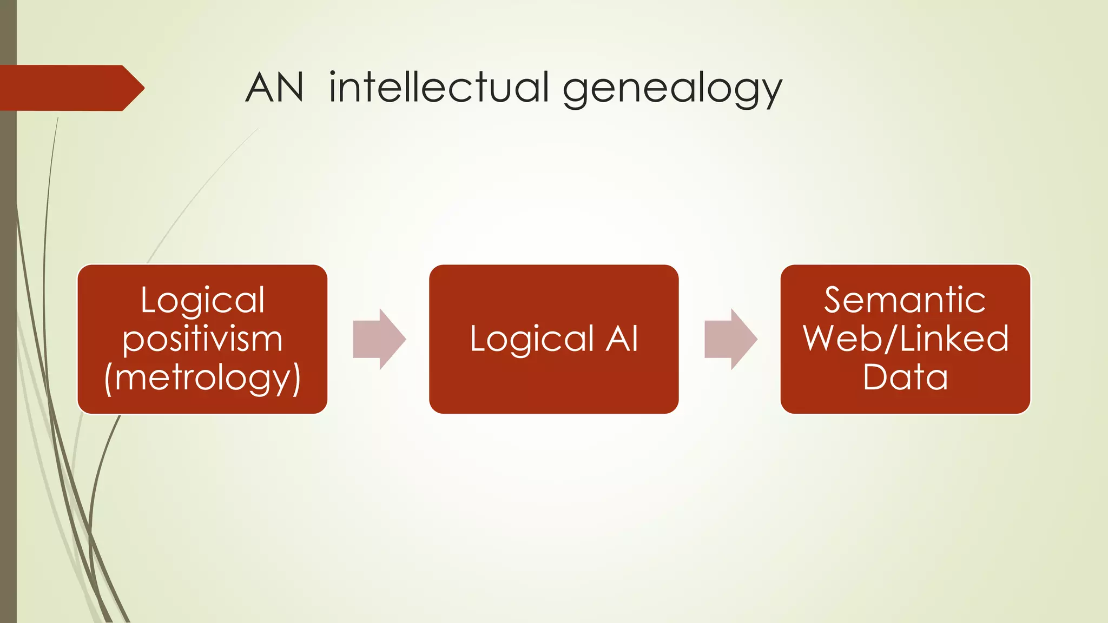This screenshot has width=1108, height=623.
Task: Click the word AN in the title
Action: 274,88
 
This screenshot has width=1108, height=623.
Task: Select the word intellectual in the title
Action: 439,88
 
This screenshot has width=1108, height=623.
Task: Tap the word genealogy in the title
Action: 672,89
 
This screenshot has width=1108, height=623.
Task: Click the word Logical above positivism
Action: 202,300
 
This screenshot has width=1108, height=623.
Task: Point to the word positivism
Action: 202,340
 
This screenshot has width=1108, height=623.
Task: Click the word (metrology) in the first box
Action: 202,378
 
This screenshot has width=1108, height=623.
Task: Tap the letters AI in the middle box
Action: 622,339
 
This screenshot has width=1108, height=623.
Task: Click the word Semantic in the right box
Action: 905,300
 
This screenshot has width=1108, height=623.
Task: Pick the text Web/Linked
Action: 905,339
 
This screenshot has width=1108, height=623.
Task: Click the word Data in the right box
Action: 905,377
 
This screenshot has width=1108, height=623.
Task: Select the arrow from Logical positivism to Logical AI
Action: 379,339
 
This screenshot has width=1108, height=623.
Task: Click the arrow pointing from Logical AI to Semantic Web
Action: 730,339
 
